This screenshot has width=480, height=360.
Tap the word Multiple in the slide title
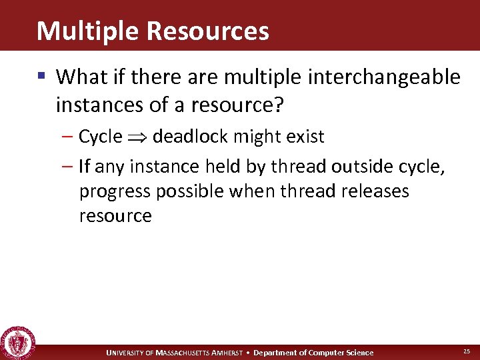click(84, 31)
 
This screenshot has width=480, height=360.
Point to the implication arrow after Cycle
click(137, 137)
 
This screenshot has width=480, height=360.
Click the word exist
click(307, 137)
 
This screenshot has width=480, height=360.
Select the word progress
click(115, 191)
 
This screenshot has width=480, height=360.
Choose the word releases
click(375, 191)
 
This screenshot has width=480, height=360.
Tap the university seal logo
click(18, 343)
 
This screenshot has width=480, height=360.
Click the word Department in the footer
click(275, 353)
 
